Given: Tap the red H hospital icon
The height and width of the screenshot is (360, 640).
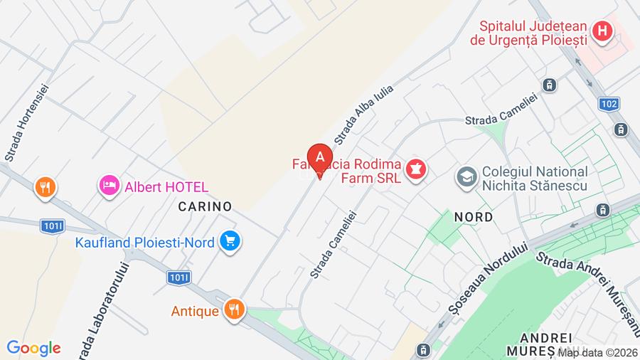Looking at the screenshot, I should (602, 31).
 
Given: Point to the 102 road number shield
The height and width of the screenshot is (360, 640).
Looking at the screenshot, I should (609, 104).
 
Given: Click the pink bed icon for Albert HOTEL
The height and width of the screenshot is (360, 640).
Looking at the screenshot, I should (110, 186).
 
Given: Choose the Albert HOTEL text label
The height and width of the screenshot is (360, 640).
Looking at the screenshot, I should (166, 187).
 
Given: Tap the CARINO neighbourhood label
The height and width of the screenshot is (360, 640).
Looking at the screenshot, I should (206, 206).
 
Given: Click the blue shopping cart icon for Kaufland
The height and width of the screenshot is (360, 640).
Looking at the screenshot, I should (229, 240).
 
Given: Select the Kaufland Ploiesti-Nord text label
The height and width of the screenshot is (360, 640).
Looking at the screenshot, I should (144, 242).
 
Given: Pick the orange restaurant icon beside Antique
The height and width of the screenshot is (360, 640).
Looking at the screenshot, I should (233, 309).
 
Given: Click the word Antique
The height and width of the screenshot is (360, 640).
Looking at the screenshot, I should (195, 311).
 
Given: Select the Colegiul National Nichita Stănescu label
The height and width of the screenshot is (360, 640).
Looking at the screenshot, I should (534, 179).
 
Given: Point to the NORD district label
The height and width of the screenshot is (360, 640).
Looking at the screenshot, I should (473, 217).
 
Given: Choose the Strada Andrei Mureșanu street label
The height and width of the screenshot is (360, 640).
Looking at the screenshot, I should (588, 284).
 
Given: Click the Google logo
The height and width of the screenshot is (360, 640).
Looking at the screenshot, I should (33, 348).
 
